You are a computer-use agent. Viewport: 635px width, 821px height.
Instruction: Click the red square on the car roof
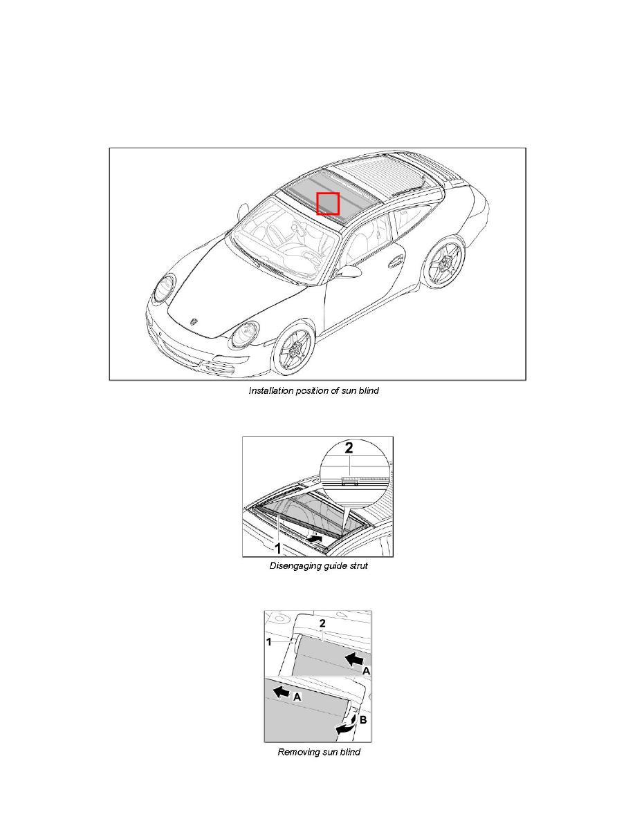tap(328, 204)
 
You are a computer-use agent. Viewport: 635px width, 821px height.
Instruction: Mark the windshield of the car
tap(284, 239)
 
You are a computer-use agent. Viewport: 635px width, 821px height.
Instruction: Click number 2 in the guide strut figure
tap(349, 448)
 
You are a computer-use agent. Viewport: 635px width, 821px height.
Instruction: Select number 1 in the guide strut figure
tap(278, 548)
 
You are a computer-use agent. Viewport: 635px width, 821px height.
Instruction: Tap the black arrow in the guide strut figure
tap(314, 538)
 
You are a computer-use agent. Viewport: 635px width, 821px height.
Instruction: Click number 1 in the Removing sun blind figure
tap(269, 642)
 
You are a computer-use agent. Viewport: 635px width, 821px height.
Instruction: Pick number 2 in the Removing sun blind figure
tap(323, 623)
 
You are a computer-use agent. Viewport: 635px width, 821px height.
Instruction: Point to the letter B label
tap(363, 720)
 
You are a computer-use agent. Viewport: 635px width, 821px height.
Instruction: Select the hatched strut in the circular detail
tap(365, 479)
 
